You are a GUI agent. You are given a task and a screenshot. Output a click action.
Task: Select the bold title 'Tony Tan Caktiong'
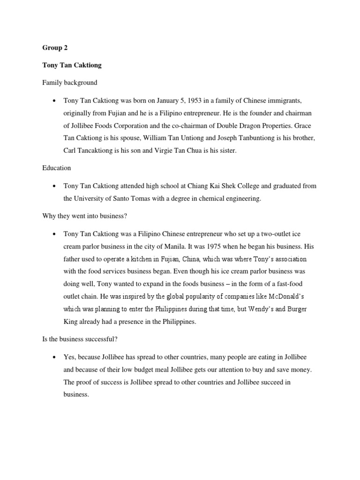click(72, 65)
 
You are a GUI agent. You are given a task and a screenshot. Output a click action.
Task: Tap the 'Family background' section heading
click(70, 82)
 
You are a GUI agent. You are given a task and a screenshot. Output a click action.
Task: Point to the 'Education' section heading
click(57, 167)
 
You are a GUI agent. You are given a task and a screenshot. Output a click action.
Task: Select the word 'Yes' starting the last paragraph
click(69, 357)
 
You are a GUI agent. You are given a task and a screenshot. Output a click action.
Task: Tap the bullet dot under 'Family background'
click(54, 101)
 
